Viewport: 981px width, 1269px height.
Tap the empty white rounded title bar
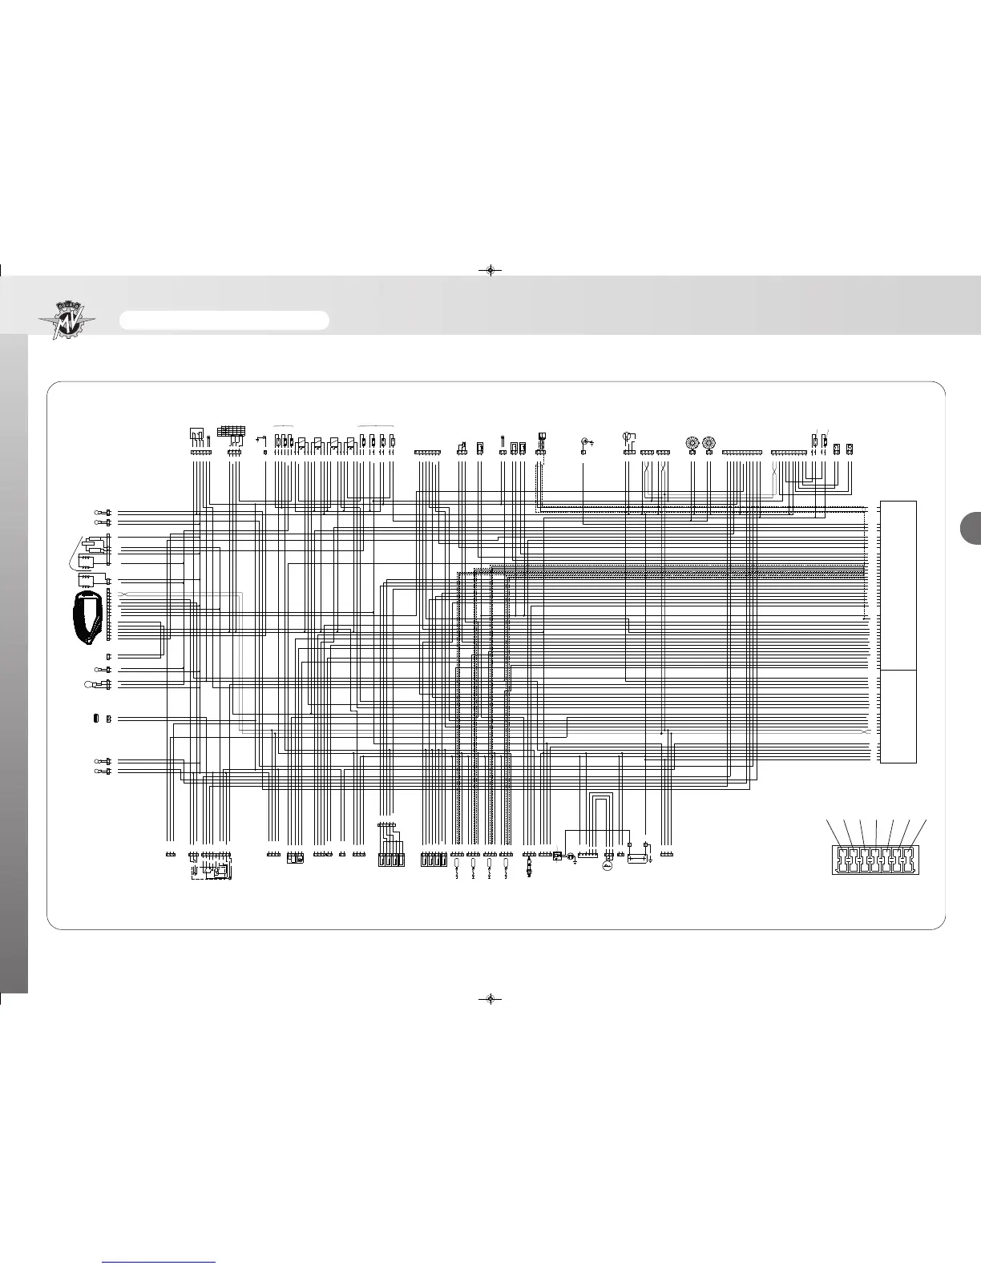224,320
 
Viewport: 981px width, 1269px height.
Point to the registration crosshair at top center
490,270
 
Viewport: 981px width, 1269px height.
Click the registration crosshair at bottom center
490,999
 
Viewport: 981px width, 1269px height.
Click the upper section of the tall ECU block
898,585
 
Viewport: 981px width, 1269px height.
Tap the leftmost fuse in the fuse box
839,864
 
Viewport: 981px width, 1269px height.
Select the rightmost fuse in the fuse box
907,864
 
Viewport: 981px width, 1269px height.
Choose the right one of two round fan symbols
708,442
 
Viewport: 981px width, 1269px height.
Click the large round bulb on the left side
91,683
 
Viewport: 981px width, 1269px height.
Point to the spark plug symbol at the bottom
528,868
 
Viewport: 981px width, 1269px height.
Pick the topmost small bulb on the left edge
99,512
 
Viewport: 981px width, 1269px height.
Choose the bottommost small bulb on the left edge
99,771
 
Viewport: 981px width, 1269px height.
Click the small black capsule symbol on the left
95,719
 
